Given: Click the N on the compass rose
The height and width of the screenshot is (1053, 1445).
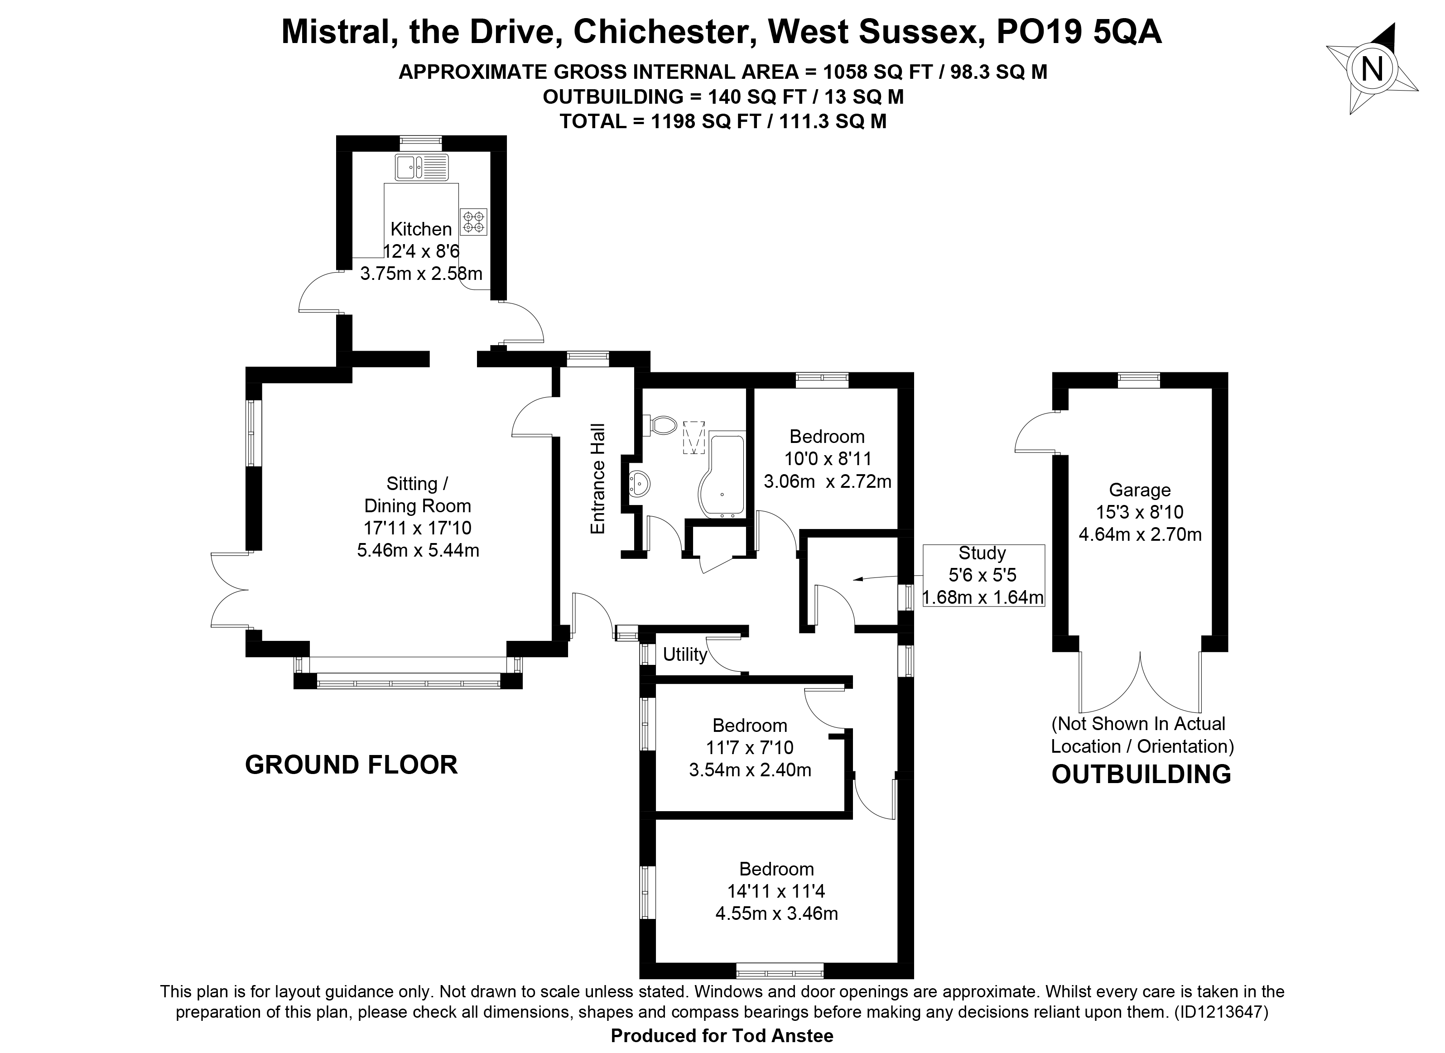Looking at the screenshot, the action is click(1372, 69).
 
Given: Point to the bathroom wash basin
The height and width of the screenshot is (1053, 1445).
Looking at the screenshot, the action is click(639, 485).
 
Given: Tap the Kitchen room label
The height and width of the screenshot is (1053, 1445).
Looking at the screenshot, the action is click(421, 229).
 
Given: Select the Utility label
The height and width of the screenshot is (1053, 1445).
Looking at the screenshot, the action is click(685, 654).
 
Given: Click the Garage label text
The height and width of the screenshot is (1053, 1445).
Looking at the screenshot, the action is click(1140, 490).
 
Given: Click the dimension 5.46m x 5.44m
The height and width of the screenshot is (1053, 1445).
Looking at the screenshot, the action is click(418, 549).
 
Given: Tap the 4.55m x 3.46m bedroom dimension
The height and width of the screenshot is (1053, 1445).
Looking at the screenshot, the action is click(776, 914).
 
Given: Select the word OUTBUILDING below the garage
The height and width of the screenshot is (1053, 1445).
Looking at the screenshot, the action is click(1141, 774).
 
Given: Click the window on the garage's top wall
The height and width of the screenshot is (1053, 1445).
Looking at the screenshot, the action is click(1139, 380).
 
